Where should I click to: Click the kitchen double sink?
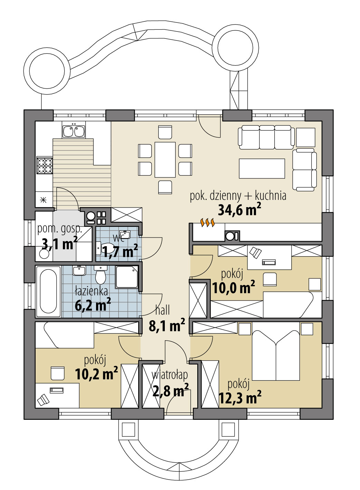pyautogui.click(x=74, y=131)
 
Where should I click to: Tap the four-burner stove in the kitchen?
pyautogui.click(x=45, y=165)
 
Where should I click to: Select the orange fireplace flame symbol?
pyautogui.click(x=208, y=223)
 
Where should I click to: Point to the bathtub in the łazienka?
pyautogui.click(x=48, y=291)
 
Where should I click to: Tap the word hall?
pyautogui.click(x=162, y=310)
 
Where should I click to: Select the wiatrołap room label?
pyautogui.click(x=170, y=375)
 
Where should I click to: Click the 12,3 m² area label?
pyautogui.click(x=239, y=398)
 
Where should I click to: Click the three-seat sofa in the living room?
pyautogui.click(x=266, y=137)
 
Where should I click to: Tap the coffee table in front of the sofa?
pyautogui.click(x=262, y=168)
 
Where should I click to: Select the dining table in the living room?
pyautogui.click(x=165, y=159)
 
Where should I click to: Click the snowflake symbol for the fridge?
pyautogui.click(x=43, y=200)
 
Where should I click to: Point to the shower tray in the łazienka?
pyautogui.click(x=127, y=277)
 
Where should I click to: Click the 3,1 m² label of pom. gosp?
pyautogui.click(x=59, y=244)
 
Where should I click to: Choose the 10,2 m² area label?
pyautogui.click(x=96, y=374)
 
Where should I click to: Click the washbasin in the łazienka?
pyautogui.click(x=79, y=270)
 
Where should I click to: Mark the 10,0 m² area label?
pyautogui.click(x=233, y=287)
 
